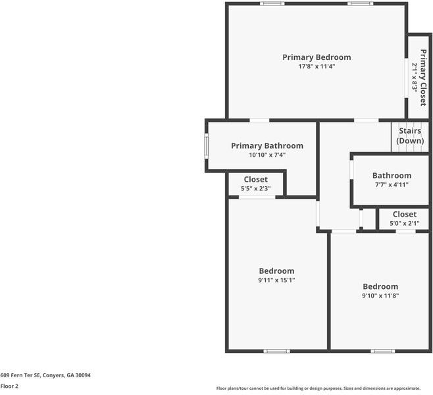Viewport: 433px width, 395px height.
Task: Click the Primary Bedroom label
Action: coord(317,57)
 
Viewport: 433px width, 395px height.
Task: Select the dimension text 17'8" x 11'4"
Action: coord(317,66)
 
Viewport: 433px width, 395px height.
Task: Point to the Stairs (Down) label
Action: coord(410,136)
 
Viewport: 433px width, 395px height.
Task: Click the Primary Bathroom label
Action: coord(267,145)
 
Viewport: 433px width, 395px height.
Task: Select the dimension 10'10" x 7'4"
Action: coord(267,155)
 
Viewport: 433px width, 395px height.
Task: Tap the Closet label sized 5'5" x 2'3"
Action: coord(255,179)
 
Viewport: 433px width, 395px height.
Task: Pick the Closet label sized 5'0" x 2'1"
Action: coord(404,214)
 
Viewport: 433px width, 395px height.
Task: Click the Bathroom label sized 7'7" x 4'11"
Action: coord(392,175)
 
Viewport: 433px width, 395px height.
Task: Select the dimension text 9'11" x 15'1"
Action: coord(276,280)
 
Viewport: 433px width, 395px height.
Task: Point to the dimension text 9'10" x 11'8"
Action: coord(380,296)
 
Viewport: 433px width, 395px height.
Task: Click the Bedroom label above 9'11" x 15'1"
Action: coord(276,271)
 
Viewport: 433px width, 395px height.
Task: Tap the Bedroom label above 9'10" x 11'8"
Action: coord(380,286)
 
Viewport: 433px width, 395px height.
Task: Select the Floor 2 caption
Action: coord(9,386)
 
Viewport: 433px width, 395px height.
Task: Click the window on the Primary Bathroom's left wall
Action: coord(206,145)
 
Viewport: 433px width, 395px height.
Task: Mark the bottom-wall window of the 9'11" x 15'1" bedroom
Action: coord(276,351)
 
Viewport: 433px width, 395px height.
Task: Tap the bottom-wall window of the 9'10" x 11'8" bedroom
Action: coord(383,351)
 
